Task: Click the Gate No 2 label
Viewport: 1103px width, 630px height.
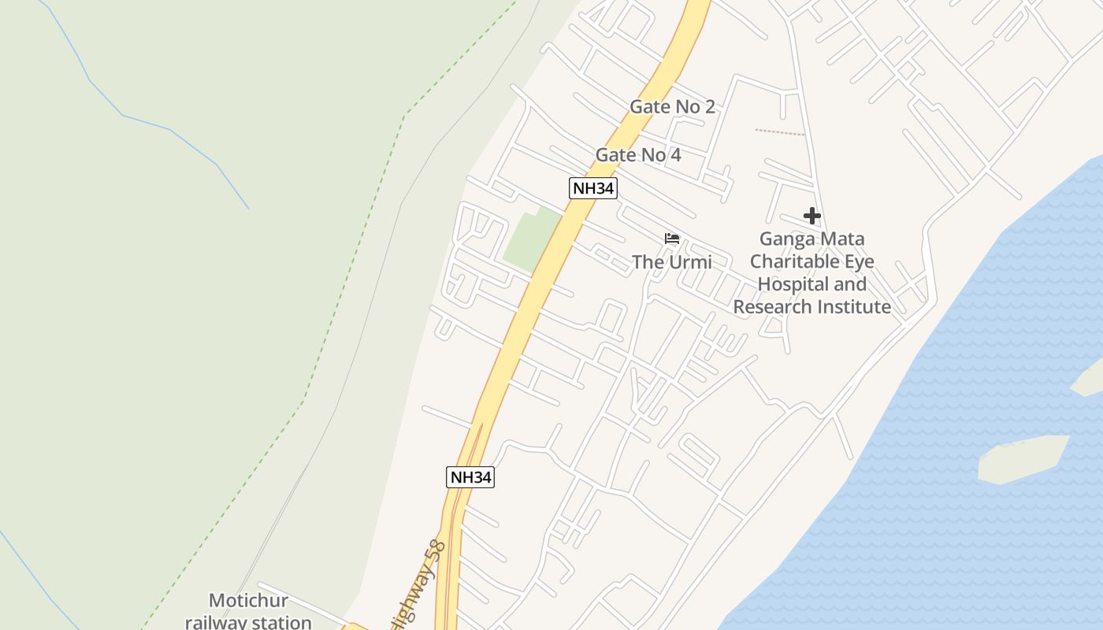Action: [672, 107]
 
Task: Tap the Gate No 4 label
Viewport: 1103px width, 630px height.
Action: [638, 155]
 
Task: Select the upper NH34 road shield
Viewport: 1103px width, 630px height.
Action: [592, 188]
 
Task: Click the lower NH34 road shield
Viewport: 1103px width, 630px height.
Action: [470, 477]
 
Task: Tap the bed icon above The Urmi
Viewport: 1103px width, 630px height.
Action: [671, 239]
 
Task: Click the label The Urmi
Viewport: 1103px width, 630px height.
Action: [671, 262]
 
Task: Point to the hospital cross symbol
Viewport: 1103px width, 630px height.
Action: [811, 216]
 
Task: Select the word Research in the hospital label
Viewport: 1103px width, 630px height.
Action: [773, 307]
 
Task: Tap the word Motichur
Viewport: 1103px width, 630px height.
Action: [248, 602]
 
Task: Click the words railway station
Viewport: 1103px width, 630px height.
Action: [248, 621]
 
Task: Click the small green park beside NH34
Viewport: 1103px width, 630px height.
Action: [530, 239]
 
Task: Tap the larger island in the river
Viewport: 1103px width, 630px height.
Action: [1021, 458]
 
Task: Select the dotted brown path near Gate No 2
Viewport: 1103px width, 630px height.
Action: [779, 132]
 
